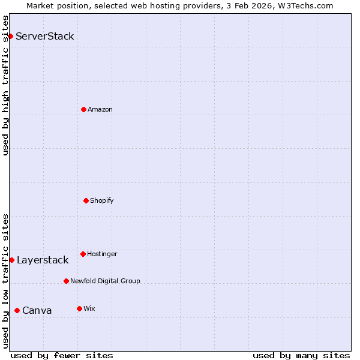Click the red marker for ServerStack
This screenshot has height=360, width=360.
pyautogui.click(x=10, y=36)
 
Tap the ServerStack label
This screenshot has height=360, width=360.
pyautogui.click(x=44, y=36)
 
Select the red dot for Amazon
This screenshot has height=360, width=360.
pyautogui.click(x=83, y=109)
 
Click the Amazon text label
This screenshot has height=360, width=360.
pyautogui.click(x=100, y=109)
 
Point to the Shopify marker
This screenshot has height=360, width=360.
pyautogui.click(x=86, y=200)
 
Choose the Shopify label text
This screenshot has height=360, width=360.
pyautogui.click(x=101, y=200)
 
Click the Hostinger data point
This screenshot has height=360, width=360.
pyautogui.click(x=83, y=254)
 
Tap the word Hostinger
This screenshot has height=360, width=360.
pyautogui.click(x=102, y=254)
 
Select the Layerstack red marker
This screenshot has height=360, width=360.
pyautogui.click(x=11, y=260)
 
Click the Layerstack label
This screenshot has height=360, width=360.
pyautogui.click(x=42, y=260)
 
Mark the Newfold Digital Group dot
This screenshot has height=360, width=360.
pyautogui.click(x=66, y=281)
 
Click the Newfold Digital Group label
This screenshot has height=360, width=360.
pyautogui.click(x=105, y=281)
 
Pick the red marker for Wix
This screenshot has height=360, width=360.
pyautogui.click(x=79, y=308)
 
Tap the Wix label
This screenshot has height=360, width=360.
pyautogui.click(x=89, y=308)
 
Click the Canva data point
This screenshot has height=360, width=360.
pyautogui.click(x=17, y=310)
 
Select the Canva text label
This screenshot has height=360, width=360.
pyautogui.click(x=37, y=310)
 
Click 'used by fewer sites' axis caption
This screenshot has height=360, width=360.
pyautogui.click(x=62, y=355)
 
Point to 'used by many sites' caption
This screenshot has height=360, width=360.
pyautogui.click(x=301, y=355)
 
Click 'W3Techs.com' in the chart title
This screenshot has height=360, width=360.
pyautogui.click(x=309, y=5)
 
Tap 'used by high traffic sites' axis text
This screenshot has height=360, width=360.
pyautogui.click(x=5, y=85)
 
